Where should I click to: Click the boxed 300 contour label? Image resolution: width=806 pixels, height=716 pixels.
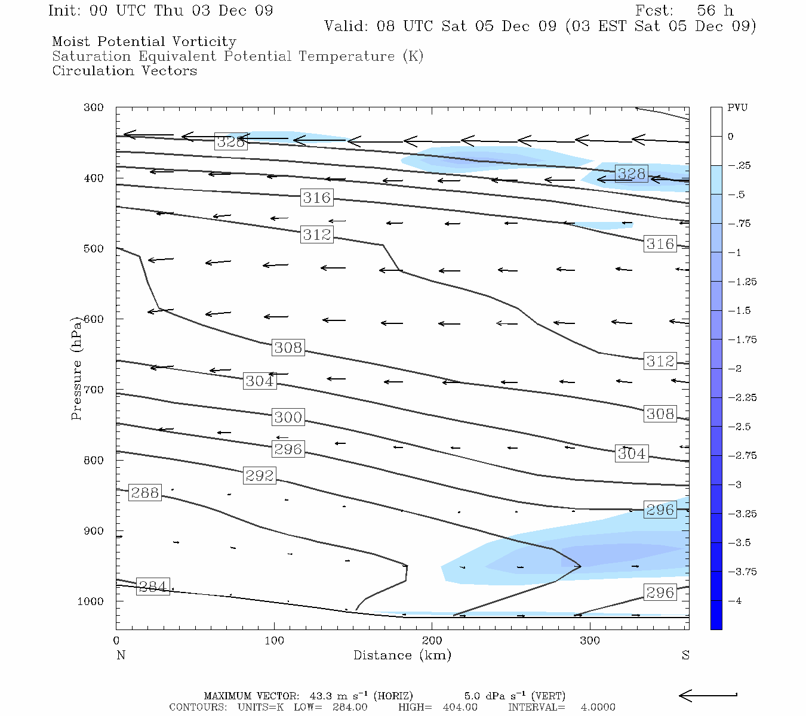click(x=288, y=417)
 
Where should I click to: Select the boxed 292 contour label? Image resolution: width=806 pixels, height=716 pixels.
click(x=260, y=476)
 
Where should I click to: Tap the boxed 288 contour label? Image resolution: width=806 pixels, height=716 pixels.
click(x=145, y=493)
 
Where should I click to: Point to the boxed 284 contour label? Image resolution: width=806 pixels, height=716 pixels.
click(x=153, y=587)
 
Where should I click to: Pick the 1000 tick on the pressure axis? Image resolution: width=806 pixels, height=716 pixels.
click(x=91, y=601)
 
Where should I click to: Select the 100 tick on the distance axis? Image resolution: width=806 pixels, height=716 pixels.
click(x=274, y=641)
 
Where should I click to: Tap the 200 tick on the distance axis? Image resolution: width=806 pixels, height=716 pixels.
click(x=432, y=641)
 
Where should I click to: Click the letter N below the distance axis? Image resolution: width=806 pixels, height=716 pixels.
click(x=121, y=656)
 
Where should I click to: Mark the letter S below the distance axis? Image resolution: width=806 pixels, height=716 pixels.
click(x=685, y=656)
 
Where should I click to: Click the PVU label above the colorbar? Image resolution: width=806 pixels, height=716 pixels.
click(x=737, y=108)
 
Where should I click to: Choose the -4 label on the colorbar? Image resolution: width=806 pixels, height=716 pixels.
click(x=735, y=601)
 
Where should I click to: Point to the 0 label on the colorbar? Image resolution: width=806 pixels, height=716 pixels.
click(x=730, y=137)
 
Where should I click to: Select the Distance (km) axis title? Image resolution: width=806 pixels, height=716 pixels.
click(x=402, y=656)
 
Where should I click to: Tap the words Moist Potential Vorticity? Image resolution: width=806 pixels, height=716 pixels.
click(x=144, y=42)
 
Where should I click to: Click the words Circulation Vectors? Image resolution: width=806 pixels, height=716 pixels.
click(x=124, y=71)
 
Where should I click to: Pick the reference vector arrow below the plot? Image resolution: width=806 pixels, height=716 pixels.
click(x=708, y=695)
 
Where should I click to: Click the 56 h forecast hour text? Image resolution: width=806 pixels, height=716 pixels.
click(x=715, y=11)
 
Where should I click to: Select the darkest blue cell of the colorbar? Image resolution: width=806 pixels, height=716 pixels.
click(x=716, y=615)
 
